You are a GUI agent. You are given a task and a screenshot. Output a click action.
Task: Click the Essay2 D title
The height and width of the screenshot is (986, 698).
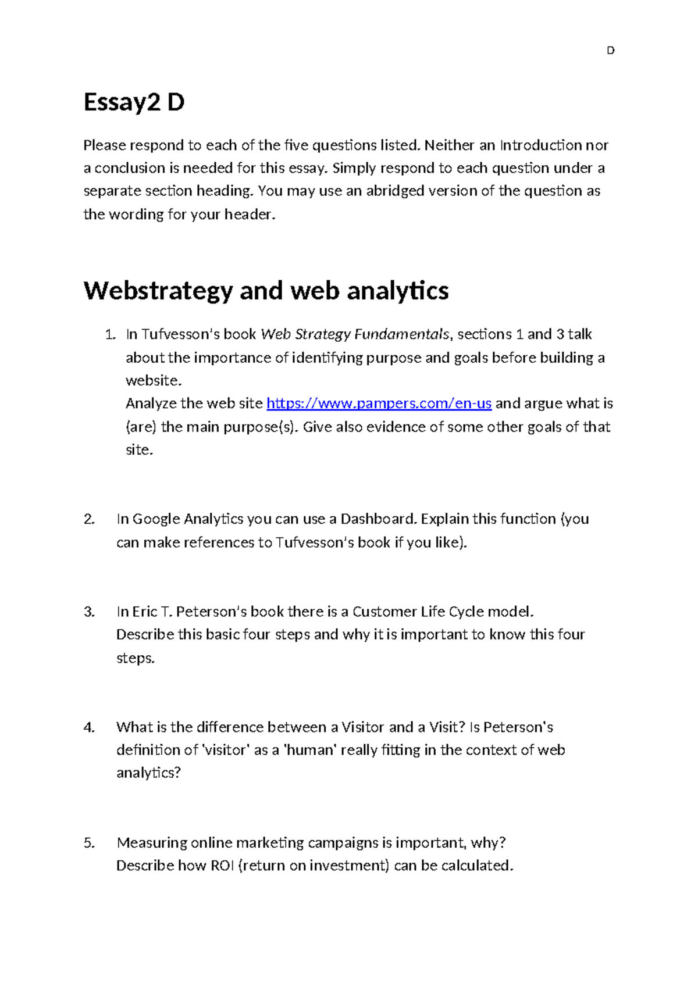tap(134, 102)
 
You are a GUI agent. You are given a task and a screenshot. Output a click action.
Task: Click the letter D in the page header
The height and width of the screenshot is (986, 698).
tap(610, 51)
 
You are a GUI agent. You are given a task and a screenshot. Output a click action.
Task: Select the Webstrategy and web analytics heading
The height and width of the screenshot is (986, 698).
tap(266, 290)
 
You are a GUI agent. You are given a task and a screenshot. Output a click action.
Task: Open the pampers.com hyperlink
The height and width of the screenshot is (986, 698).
tap(379, 403)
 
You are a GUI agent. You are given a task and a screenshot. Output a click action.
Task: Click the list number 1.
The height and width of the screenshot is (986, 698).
tap(110, 334)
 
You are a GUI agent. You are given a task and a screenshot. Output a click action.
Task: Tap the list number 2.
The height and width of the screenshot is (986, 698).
tap(89, 519)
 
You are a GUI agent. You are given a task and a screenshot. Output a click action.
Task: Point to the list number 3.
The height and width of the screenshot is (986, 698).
tap(89, 612)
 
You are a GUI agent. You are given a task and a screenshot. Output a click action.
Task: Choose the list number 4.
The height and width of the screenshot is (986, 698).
tap(89, 727)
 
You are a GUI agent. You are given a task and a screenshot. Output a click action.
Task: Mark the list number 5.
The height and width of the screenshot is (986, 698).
tap(89, 843)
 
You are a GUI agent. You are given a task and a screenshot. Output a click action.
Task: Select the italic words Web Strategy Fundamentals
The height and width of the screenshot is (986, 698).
tap(355, 334)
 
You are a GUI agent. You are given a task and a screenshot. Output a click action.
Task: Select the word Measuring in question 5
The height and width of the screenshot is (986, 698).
tap(152, 843)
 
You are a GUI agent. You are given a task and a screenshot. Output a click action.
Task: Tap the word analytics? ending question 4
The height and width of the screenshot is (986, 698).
tap(149, 773)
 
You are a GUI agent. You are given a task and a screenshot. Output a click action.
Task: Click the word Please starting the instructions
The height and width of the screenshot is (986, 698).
tap(104, 145)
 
